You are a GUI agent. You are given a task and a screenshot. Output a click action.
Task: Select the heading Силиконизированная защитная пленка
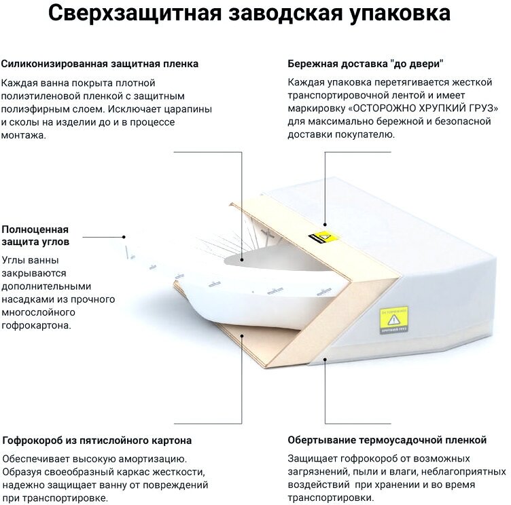pos(101,64)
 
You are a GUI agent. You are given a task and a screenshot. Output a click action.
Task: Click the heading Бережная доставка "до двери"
pos(366,64)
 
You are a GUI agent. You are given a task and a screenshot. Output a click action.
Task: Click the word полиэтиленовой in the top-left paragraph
pos(42,96)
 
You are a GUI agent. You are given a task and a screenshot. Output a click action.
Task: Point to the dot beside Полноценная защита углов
pos(125,237)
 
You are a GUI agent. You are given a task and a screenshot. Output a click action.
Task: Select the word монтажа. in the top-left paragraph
pos(24,134)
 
